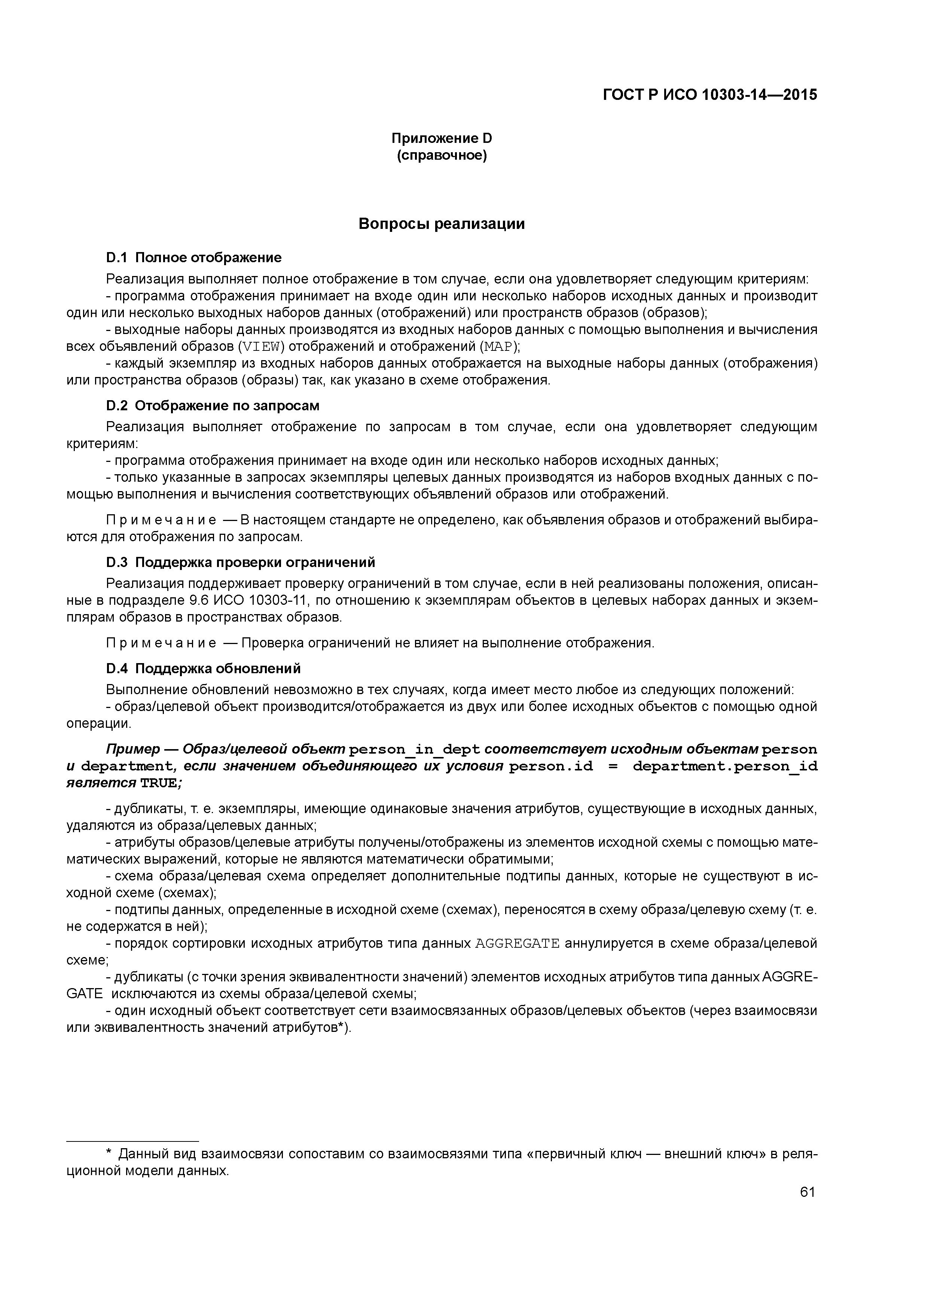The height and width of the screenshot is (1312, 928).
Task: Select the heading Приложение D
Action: click(442, 138)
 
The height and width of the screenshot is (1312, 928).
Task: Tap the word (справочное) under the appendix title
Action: click(442, 156)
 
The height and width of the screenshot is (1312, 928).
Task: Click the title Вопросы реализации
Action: click(442, 224)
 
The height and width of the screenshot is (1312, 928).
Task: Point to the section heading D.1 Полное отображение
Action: click(194, 258)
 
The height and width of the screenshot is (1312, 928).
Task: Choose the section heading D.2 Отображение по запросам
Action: click(213, 406)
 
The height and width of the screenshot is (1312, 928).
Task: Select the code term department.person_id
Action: click(725, 766)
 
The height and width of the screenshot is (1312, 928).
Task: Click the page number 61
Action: click(808, 1192)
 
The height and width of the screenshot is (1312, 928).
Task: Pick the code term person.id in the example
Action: click(550, 766)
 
